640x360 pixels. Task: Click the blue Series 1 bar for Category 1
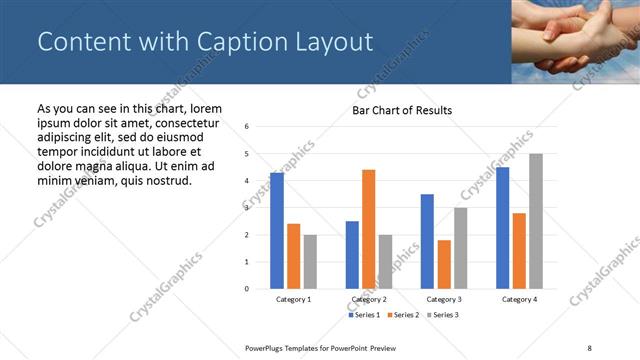tap(277, 231)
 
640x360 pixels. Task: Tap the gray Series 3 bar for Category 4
tap(536, 221)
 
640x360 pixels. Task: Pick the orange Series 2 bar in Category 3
tap(444, 264)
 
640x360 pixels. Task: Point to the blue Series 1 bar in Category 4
tap(503, 228)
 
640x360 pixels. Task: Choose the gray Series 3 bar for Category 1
tap(310, 262)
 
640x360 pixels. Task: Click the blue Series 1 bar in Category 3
tap(427, 241)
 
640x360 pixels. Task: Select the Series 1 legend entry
tap(364, 315)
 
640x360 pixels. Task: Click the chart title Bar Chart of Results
tap(402, 110)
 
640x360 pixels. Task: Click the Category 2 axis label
tap(369, 299)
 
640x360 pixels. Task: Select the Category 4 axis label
tap(519, 299)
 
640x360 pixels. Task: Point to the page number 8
tap(589, 346)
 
